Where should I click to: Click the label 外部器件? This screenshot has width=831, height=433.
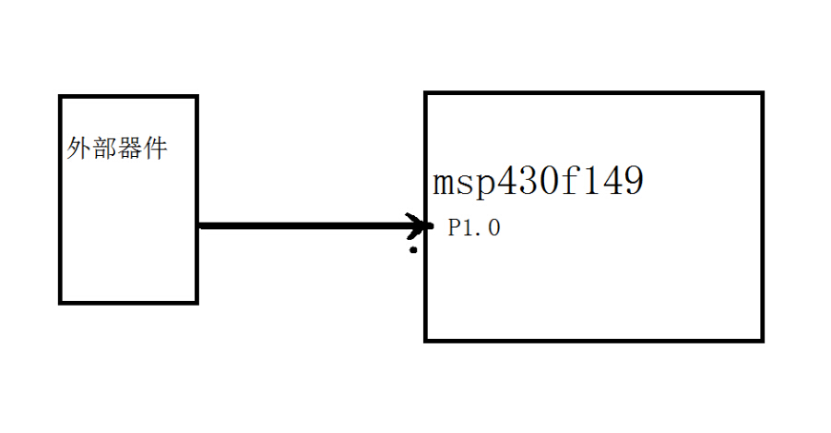[x=117, y=148]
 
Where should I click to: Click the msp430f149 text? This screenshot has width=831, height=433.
[x=538, y=181]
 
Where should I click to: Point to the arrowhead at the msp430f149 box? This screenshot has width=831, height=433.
[x=423, y=225]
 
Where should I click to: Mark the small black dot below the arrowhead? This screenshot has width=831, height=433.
[x=413, y=250]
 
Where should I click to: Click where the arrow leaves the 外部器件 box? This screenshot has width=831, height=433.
[x=199, y=225]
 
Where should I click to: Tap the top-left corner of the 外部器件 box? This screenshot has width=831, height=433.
[x=61, y=96]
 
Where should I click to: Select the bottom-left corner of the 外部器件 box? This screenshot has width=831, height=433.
[x=61, y=301]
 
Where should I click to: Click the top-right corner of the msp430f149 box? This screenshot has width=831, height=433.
[x=762, y=93]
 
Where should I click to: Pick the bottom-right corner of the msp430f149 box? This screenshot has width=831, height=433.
[x=762, y=340]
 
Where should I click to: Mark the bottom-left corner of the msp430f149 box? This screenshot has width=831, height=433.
[x=426, y=340]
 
